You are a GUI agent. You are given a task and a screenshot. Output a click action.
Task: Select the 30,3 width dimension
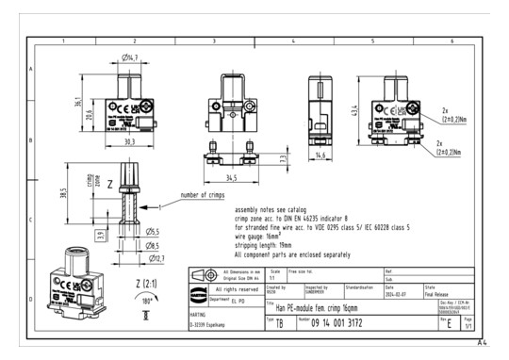[129, 142]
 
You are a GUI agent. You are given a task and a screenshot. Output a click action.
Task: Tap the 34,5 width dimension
[231, 176]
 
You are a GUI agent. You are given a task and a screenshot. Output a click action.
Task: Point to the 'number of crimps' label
[205, 196]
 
